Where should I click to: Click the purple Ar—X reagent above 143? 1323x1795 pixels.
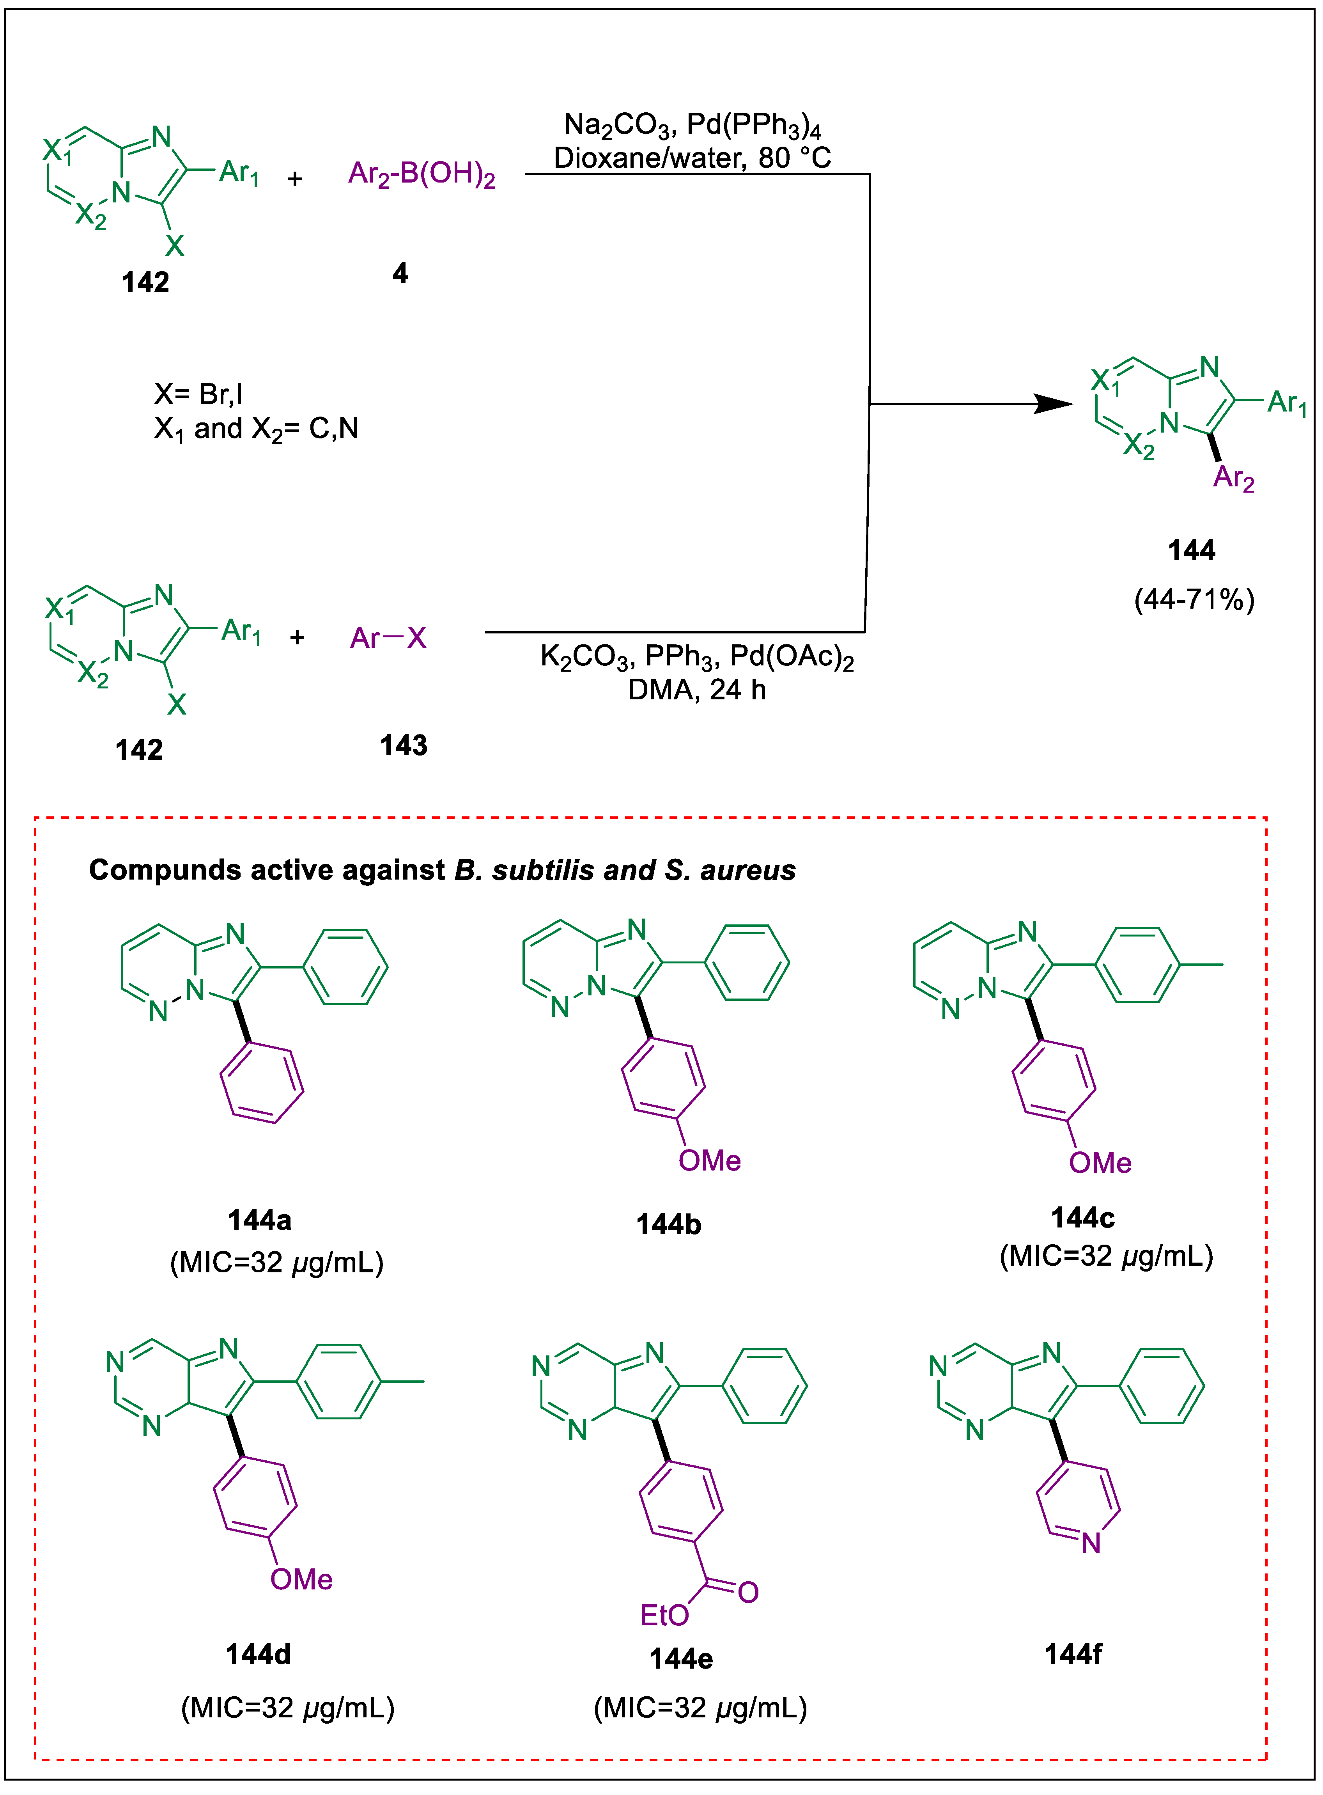[388, 638]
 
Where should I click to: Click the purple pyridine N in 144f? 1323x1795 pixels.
[1091, 1543]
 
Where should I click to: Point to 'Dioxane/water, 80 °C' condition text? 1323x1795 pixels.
[693, 158]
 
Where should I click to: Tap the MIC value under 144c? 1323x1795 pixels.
[1106, 1255]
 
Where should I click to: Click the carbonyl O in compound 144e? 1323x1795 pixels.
[748, 1592]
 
